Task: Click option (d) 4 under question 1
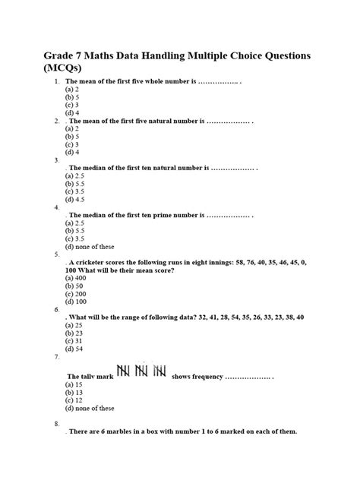tap(74, 113)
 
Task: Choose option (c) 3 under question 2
tap(74, 144)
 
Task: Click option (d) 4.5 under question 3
tap(77, 200)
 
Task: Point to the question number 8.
tap(57, 422)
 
